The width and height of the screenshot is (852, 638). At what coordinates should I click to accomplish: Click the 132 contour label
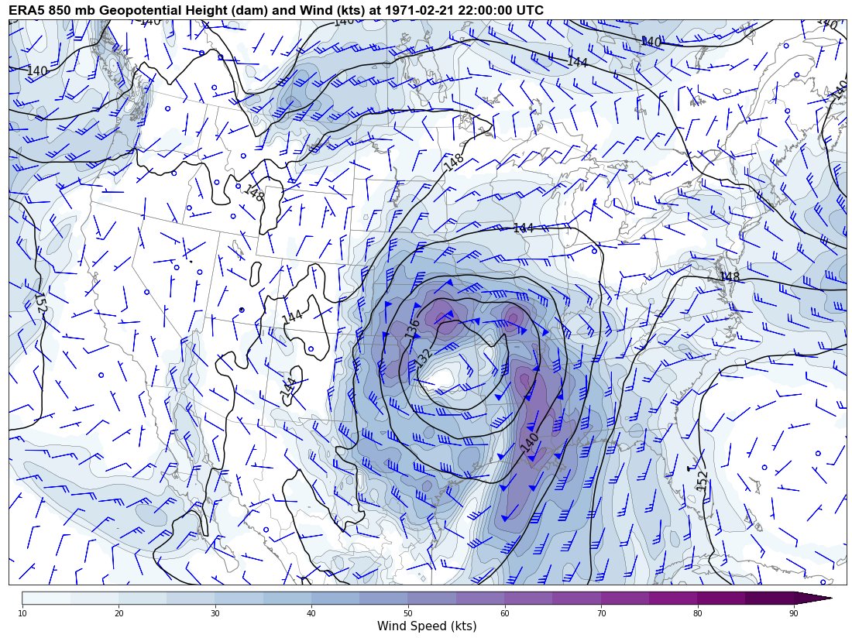click(423, 358)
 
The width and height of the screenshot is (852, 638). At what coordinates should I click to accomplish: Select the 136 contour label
click(412, 329)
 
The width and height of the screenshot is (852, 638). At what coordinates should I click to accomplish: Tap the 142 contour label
click(288, 387)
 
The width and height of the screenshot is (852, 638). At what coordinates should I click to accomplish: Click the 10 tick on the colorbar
click(22, 613)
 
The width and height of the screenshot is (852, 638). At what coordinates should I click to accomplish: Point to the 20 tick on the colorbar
click(119, 613)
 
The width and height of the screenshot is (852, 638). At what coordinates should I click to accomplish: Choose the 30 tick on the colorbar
click(215, 613)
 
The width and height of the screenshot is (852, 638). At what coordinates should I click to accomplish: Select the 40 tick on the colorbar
click(311, 613)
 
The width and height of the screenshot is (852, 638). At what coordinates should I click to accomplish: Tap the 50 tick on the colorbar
click(408, 613)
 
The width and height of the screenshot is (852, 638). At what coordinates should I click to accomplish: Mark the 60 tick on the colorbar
click(504, 613)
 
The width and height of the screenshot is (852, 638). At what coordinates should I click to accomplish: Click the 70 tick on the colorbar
click(601, 613)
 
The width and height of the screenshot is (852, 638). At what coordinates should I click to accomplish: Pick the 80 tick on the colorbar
click(697, 613)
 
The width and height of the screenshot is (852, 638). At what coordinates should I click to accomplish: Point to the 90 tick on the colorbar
click(794, 613)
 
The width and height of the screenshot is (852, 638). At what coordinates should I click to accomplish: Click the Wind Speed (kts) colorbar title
click(427, 626)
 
